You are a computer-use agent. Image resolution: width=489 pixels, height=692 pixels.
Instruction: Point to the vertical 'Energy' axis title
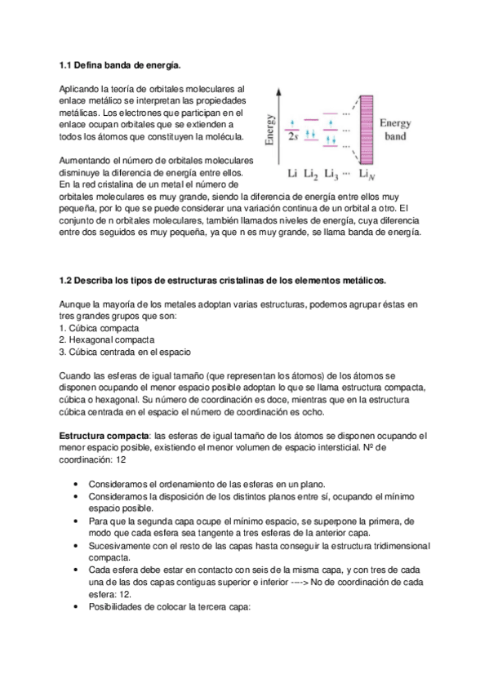(x=270, y=127)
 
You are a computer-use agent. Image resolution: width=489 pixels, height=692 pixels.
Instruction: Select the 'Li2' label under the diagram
(x=312, y=173)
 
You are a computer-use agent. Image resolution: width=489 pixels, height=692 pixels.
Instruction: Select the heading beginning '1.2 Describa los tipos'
(x=222, y=281)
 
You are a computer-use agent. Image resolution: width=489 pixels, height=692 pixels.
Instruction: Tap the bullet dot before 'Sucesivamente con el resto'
(x=75, y=545)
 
